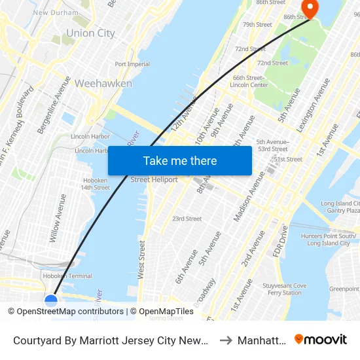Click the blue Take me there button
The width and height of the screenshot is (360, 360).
click(x=180, y=160)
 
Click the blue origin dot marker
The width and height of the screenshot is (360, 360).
click(x=51, y=300)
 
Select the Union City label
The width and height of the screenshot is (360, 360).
click(x=90, y=33)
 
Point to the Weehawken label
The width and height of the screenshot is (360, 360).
click(x=103, y=83)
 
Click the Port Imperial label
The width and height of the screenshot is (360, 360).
click(x=132, y=64)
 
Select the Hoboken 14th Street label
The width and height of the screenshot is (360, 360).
click(x=96, y=184)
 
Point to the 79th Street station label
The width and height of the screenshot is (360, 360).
click(x=257, y=25)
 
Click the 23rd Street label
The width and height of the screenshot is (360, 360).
click(x=187, y=219)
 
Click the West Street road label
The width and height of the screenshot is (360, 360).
click(x=141, y=257)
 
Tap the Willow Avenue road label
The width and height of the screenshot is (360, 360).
click(x=58, y=218)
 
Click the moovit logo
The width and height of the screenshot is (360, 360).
click(x=321, y=339)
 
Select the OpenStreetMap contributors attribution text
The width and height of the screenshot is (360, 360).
click(x=70, y=312)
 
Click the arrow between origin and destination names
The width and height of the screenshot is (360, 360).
click(x=224, y=340)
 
